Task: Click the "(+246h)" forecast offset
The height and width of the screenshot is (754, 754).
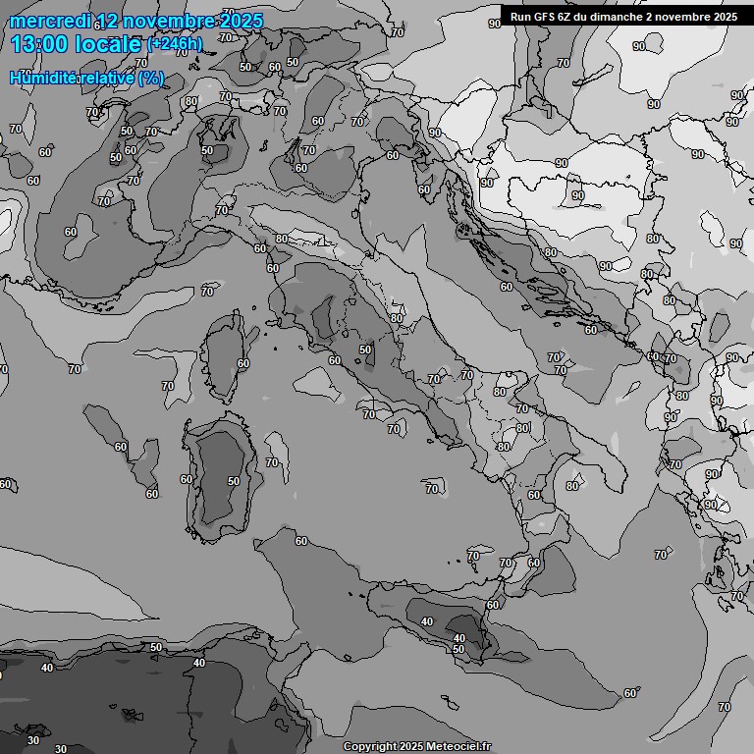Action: (174, 44)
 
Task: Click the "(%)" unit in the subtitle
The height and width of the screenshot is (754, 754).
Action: (150, 78)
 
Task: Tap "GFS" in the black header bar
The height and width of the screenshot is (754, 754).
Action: (548, 17)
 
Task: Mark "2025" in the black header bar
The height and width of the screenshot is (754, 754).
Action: (723, 17)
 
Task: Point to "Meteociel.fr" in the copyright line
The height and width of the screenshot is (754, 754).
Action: (455, 747)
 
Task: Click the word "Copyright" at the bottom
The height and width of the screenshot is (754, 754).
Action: (370, 747)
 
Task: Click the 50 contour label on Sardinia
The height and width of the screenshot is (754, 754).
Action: (234, 481)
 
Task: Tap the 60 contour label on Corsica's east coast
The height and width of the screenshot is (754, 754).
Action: (243, 363)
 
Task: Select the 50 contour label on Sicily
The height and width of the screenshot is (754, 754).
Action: (458, 649)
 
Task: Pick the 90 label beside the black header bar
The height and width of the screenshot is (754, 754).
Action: (494, 24)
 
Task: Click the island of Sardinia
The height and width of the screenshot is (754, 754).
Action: (221, 476)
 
